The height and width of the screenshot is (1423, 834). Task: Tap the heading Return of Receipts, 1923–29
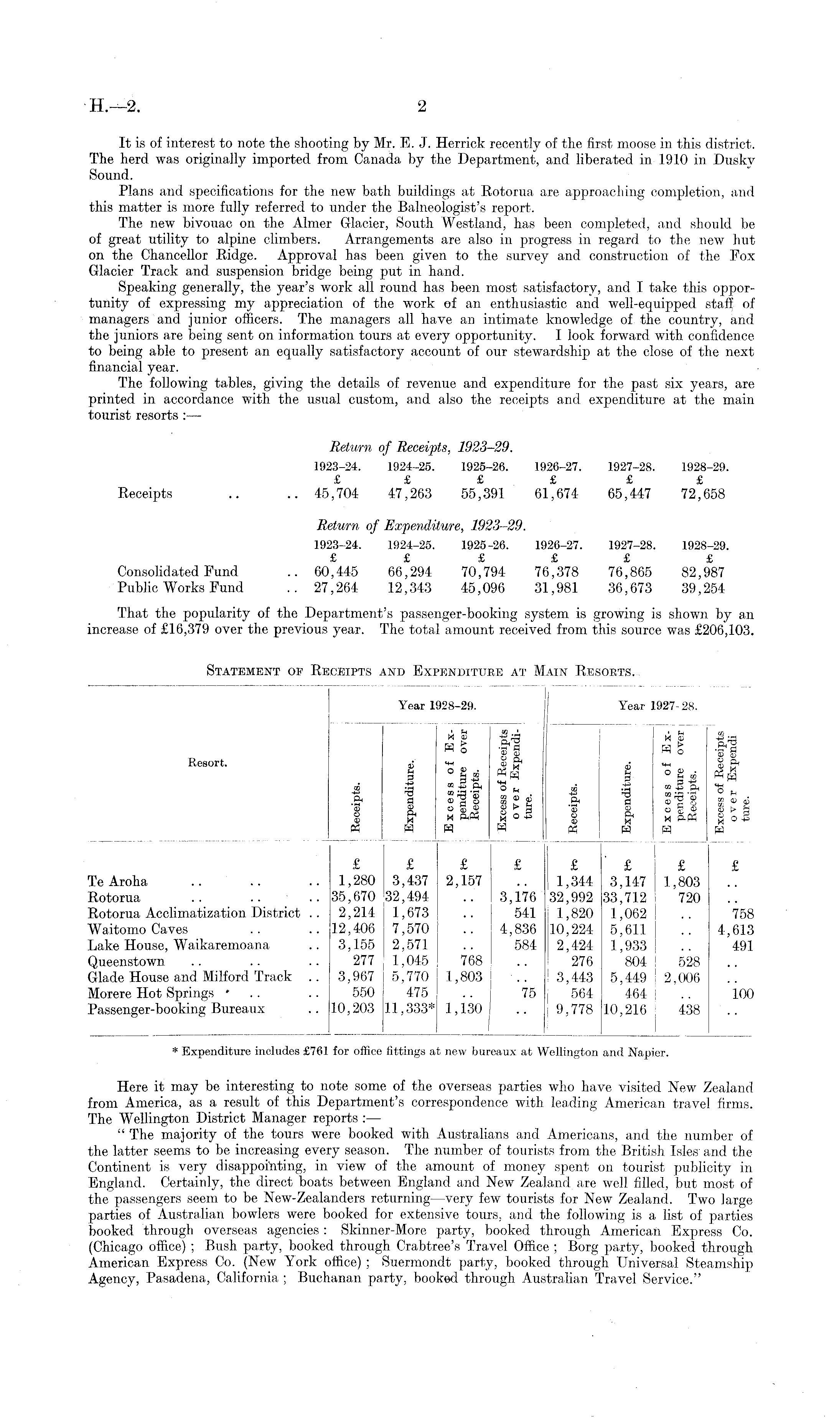[421, 448]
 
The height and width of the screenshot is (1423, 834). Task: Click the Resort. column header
[208, 763]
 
